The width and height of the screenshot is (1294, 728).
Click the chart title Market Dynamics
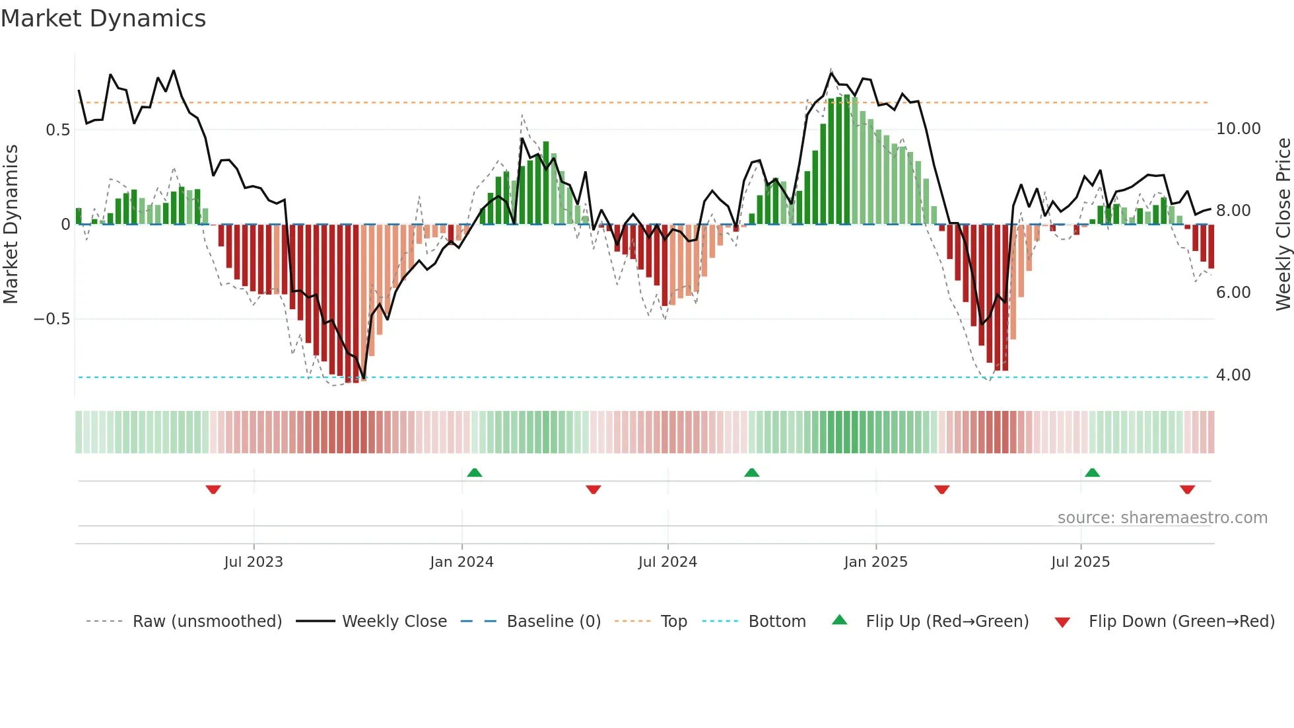pyautogui.click(x=104, y=18)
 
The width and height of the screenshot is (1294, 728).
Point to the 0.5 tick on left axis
pyautogui.click(x=57, y=129)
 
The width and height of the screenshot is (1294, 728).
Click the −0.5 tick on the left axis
pyautogui.click(x=51, y=319)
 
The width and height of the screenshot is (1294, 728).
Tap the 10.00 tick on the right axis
pyautogui.click(x=1238, y=129)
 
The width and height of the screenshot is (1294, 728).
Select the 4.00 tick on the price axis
pyautogui.click(x=1233, y=375)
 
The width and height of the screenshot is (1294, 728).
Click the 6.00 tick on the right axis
pyautogui.click(x=1233, y=293)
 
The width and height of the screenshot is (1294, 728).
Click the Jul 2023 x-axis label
pyautogui.click(x=254, y=562)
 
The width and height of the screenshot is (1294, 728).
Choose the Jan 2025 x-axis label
pyautogui.click(x=875, y=562)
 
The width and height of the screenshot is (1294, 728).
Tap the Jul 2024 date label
pyautogui.click(x=667, y=562)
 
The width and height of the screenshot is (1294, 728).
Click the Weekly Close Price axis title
pyautogui.click(x=1283, y=224)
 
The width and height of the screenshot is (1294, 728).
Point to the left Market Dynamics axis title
pyautogui.click(x=11, y=224)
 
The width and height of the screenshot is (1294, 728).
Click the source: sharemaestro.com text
pyautogui.click(x=1162, y=518)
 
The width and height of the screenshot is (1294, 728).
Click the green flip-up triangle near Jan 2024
pyautogui.click(x=474, y=472)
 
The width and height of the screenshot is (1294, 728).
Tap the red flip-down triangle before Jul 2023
pyautogui.click(x=213, y=490)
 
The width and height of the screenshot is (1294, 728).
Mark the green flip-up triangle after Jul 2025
pyautogui.click(x=1092, y=472)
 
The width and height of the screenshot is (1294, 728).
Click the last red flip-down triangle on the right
pyautogui.click(x=1187, y=490)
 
